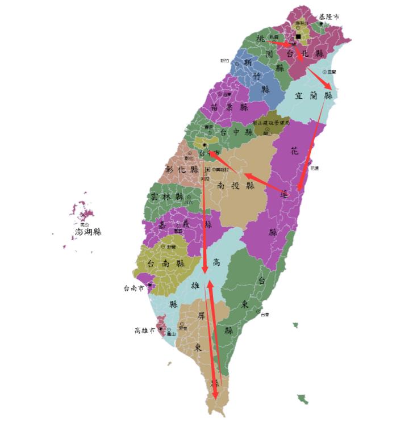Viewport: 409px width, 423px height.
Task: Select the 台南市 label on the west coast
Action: click(x=134, y=288)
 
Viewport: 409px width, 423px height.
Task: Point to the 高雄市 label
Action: click(x=144, y=330)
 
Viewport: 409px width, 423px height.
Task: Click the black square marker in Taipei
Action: click(x=298, y=36)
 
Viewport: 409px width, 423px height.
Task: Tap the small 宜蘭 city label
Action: click(x=332, y=72)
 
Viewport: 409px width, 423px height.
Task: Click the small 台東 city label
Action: click(x=265, y=314)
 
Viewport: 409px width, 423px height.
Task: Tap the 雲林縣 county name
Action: click(x=167, y=196)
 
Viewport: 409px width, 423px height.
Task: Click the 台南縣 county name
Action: click(x=165, y=263)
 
